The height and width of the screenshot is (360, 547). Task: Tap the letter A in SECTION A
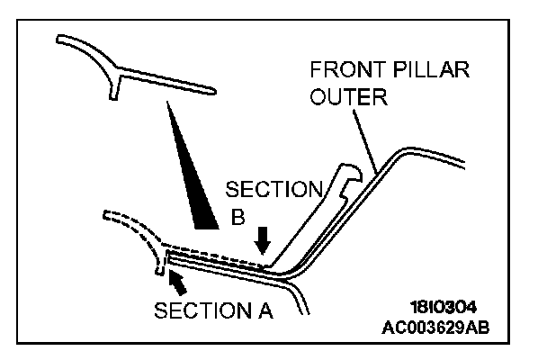coord(265,311)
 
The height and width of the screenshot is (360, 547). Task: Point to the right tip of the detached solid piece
coord(213,90)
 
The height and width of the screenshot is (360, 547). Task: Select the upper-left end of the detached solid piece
coord(59,39)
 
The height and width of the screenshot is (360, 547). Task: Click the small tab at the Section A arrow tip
coord(160,266)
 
